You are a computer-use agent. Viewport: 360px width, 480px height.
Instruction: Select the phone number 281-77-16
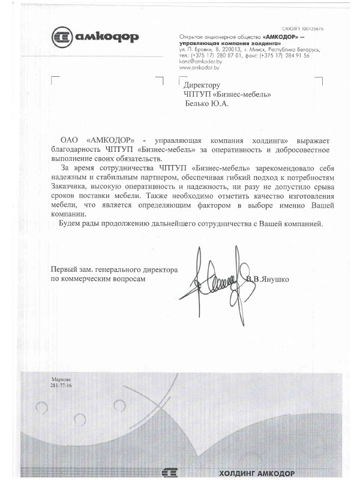pyautogui.click(x=61, y=385)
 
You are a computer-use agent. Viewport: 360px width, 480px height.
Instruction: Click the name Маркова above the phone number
pyautogui.click(x=61, y=379)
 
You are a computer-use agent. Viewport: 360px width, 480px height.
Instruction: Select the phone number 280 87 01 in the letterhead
pyautogui.click(x=230, y=55)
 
